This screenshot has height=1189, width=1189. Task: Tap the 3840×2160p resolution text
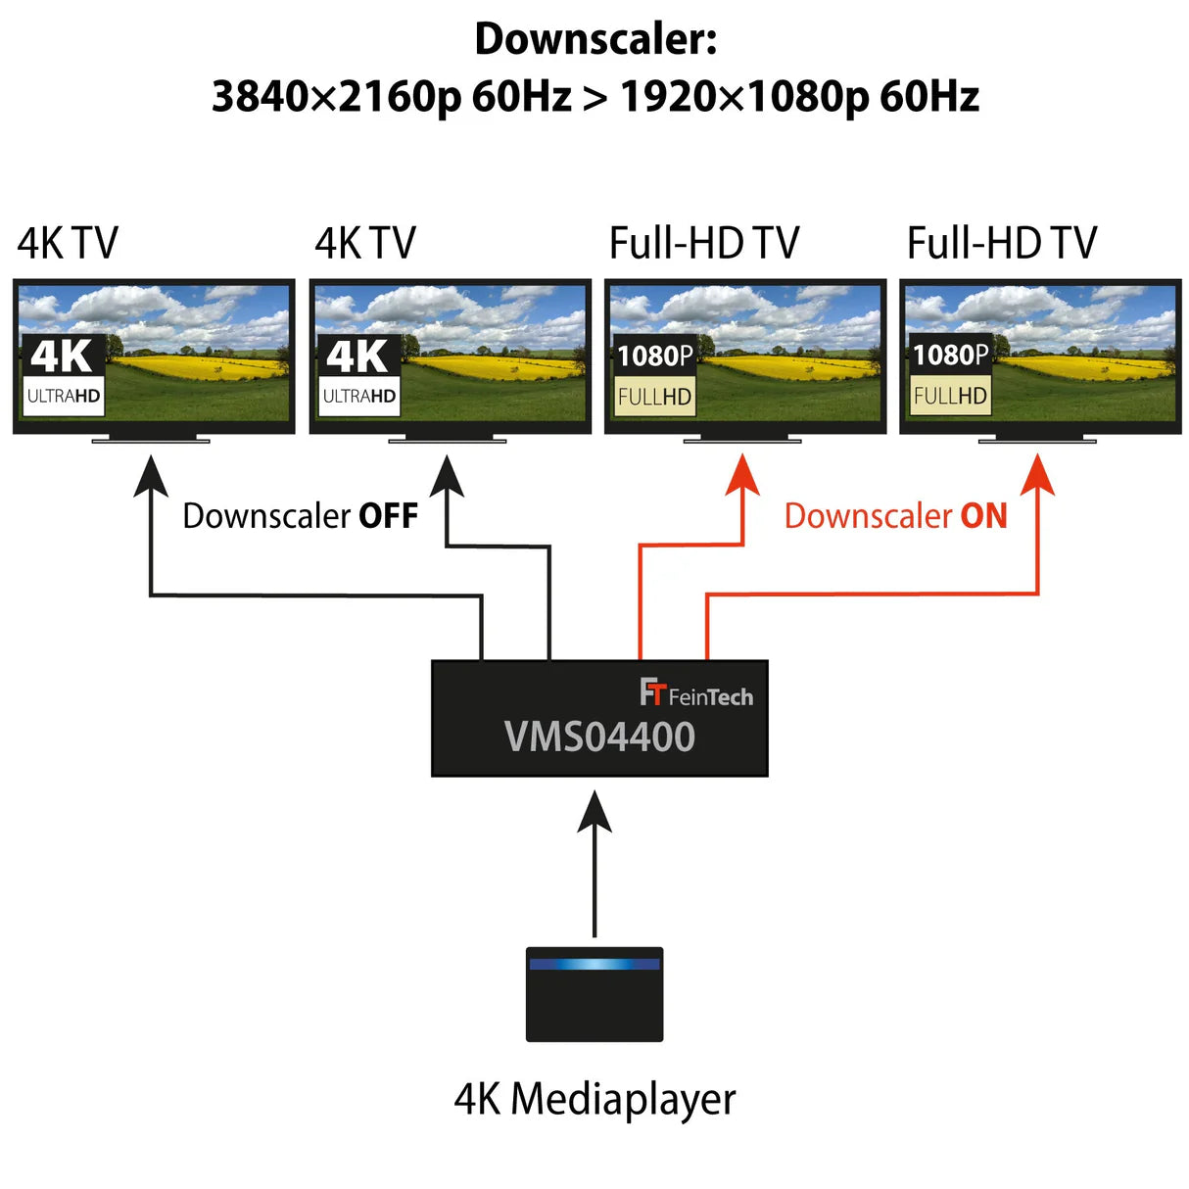coord(337,97)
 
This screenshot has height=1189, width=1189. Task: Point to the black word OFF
coord(388,516)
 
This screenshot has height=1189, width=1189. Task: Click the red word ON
coord(983,516)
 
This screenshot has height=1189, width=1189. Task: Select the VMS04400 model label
coord(599,737)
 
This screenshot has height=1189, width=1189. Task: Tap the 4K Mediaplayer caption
coord(594,1100)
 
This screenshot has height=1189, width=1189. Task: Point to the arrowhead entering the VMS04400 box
coord(594,811)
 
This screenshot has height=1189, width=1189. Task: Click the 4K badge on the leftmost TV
coord(63,357)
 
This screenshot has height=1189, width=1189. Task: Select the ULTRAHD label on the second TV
coord(359,396)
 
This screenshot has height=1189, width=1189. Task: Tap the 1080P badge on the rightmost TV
coord(951,355)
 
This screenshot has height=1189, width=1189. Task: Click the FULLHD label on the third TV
coord(654,397)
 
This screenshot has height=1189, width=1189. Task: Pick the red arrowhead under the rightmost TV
coord(1037,474)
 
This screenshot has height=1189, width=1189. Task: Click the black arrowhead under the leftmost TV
coord(151,476)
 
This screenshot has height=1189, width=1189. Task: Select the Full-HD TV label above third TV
coord(704,243)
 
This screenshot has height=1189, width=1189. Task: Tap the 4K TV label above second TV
coord(365,243)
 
